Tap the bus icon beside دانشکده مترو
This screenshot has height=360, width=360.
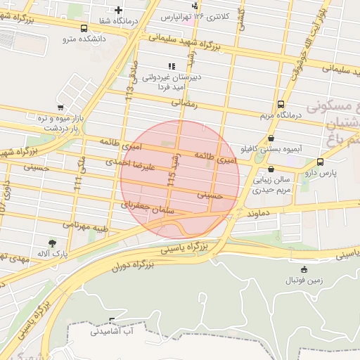pyautogui.click(x=84, y=29)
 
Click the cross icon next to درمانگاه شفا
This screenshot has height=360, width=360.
pyautogui.click(x=118, y=10)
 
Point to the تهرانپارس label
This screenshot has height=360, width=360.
pyautogui.click(x=176, y=16)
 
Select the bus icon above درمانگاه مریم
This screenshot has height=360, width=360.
pyautogui.click(x=282, y=103)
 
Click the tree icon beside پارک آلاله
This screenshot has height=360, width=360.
pyautogui.click(x=53, y=243)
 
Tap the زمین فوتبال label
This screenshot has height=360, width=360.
pyautogui.click(x=304, y=280)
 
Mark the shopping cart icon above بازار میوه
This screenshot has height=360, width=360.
pyautogui.click(x=61, y=108)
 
